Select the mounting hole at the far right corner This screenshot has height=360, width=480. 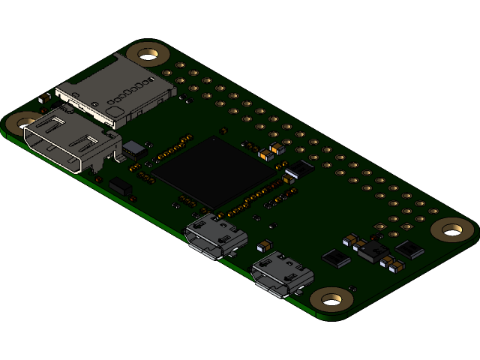[x=452, y=229]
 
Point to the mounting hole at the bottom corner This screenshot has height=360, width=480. [x=331, y=300]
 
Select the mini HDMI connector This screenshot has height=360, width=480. [x=71, y=142]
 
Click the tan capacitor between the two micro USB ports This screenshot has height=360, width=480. [x=265, y=245]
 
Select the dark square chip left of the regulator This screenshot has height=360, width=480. [x=336, y=259]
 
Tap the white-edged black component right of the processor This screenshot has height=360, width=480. [x=298, y=169]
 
